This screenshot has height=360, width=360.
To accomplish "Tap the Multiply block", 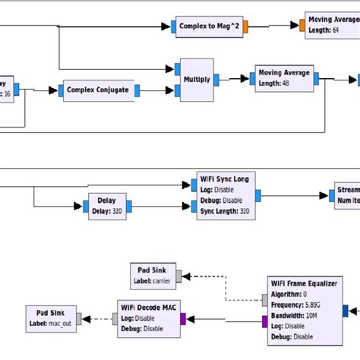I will [x=196, y=79].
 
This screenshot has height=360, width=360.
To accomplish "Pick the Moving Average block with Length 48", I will [x=283, y=77].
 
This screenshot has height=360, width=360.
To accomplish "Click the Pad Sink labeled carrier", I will [x=154, y=273].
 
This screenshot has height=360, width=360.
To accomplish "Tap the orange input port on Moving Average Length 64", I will [x=302, y=24].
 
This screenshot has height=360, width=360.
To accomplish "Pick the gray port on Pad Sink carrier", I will [x=179, y=274].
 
